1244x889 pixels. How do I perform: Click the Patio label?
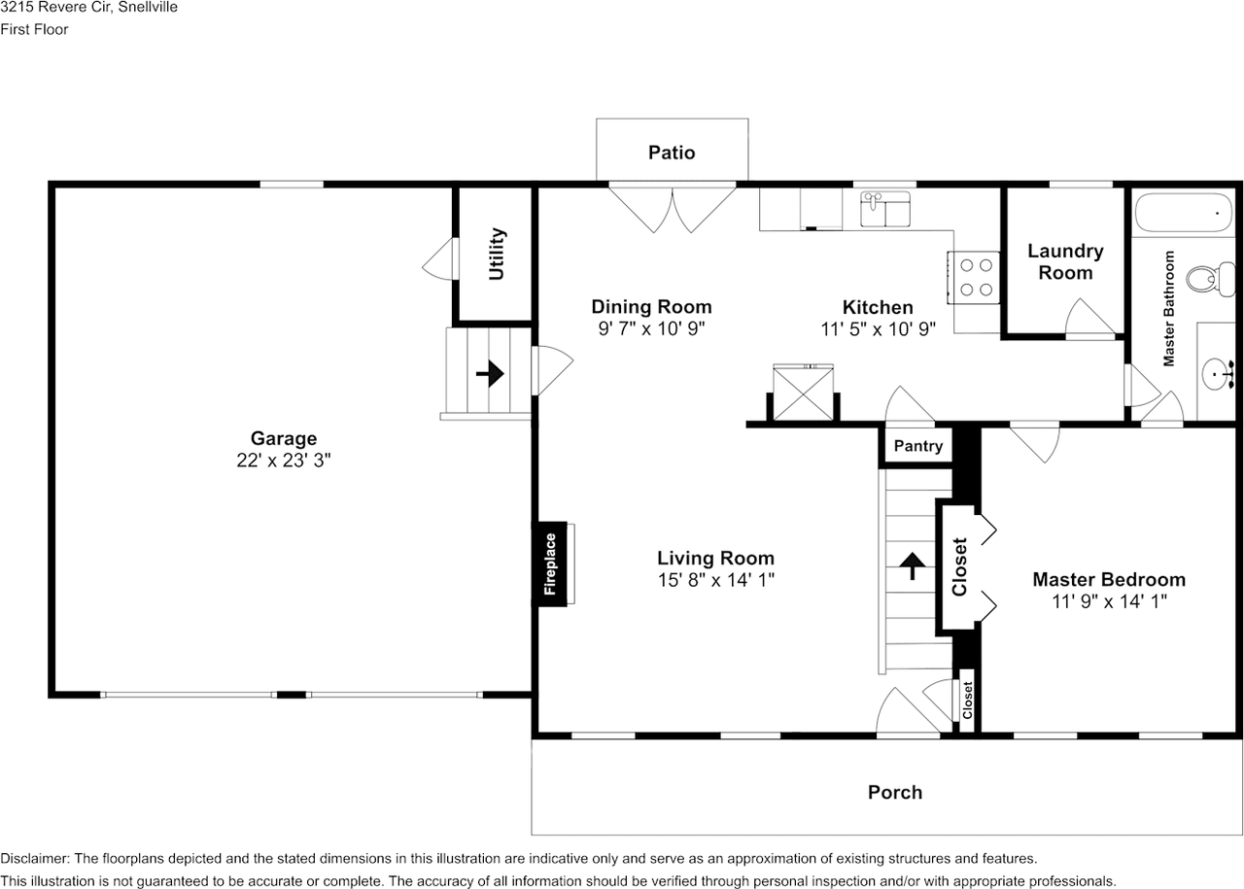click(x=672, y=153)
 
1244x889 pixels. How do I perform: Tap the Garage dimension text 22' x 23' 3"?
click(x=283, y=461)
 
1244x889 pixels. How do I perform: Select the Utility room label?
click(x=497, y=254)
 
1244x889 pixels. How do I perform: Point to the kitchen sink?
click(x=885, y=209)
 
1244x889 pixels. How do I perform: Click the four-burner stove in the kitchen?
click(x=974, y=278)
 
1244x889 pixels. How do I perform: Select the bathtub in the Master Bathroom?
click(x=1182, y=213)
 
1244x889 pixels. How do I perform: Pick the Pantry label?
click(x=918, y=446)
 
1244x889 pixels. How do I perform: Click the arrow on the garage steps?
click(x=490, y=373)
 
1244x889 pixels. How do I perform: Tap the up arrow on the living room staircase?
click(x=913, y=565)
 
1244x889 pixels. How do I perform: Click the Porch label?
click(x=895, y=793)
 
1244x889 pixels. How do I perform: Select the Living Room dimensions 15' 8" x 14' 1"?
click(x=716, y=580)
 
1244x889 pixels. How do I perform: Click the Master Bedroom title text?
click(x=1109, y=580)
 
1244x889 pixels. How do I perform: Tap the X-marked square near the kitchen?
click(x=803, y=393)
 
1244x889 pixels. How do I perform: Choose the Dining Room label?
click(x=651, y=306)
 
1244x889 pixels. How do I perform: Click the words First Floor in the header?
click(x=34, y=29)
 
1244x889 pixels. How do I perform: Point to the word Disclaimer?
click(x=35, y=859)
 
